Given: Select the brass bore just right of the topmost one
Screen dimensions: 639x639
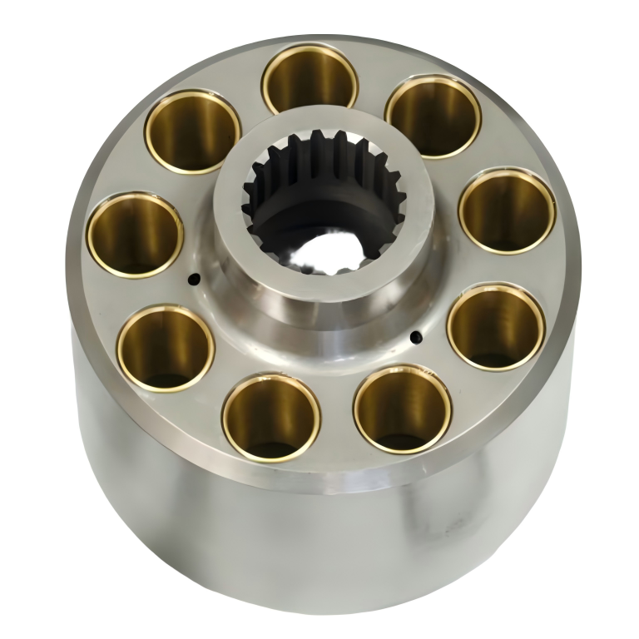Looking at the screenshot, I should click(433, 116).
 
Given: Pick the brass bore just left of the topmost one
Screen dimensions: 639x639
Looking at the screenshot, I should click(193, 131).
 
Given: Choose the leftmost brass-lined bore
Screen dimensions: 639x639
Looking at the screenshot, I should click(135, 234).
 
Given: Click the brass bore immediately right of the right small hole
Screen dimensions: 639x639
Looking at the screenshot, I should click(496, 325).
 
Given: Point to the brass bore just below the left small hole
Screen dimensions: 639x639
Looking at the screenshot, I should click(166, 347).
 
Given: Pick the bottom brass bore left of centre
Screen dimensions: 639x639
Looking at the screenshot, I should click(272, 416).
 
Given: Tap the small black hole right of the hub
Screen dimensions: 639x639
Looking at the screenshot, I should click(414, 337).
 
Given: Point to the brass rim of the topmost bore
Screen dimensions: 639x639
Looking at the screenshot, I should click(309, 47).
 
